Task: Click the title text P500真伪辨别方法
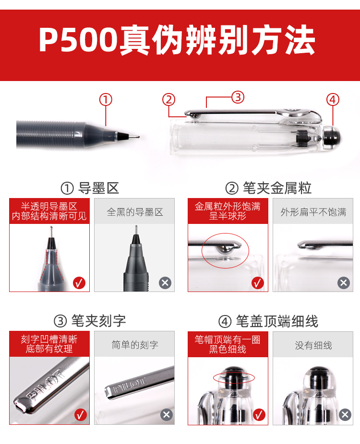[x=177, y=40]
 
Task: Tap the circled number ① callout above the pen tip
[x=106, y=100]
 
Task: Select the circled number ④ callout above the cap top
[x=333, y=100]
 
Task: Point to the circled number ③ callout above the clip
[x=238, y=97]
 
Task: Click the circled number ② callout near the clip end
[x=168, y=100]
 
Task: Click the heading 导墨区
[x=98, y=188]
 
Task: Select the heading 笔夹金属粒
[x=277, y=188]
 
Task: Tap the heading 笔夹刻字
[x=98, y=321]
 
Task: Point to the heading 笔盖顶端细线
[x=277, y=321]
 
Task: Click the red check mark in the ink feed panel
[x=79, y=282]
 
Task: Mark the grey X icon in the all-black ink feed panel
[x=165, y=282]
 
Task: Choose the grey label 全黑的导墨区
[x=135, y=212]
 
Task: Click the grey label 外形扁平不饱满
[x=313, y=212]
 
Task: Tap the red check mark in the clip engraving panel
[x=81, y=415]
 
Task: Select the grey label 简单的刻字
[x=135, y=345]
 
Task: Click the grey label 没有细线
[x=313, y=345]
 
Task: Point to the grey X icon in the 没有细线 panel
[x=345, y=415]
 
